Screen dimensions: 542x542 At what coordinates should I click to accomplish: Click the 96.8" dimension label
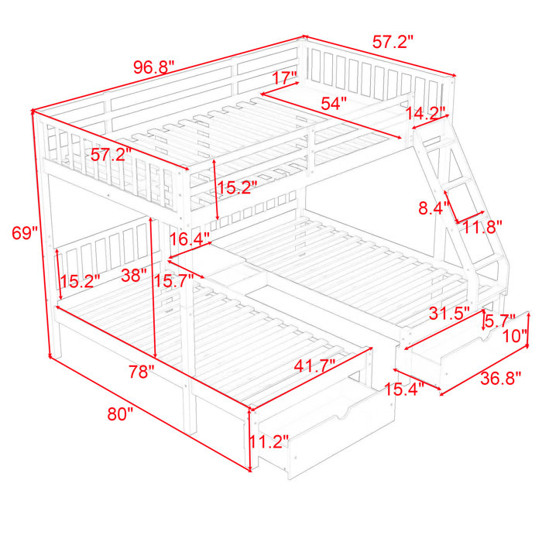(154, 67)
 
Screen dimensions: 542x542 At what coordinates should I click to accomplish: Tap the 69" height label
(25, 232)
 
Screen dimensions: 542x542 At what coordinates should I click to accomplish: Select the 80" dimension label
(120, 413)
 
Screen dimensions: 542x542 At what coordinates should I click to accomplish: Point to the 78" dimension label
(142, 372)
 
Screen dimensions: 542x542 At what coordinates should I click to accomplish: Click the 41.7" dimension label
(314, 365)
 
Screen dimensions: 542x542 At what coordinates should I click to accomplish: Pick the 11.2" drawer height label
(269, 441)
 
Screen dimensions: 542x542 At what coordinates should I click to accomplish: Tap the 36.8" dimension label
(500, 379)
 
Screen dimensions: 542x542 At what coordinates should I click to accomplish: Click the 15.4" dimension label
(404, 389)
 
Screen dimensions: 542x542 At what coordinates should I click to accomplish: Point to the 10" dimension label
(515, 335)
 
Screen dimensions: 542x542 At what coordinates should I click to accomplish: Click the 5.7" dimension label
(500, 321)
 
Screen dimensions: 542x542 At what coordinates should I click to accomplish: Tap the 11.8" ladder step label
(482, 227)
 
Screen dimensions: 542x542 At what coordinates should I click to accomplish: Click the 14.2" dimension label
(425, 113)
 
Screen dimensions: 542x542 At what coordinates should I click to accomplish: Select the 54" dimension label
(334, 103)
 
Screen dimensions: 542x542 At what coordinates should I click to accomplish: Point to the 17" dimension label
(285, 77)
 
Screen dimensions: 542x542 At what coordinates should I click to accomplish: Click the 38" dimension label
(134, 275)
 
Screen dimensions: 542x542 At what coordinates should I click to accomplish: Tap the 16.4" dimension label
(190, 238)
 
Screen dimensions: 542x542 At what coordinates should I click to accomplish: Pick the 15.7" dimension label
(174, 280)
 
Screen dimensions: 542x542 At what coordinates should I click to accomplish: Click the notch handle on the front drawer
(343, 413)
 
